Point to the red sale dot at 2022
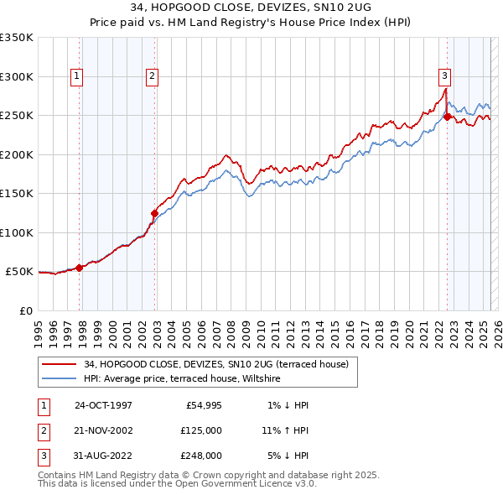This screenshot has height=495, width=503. click(x=448, y=117)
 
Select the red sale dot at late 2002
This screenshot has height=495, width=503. click(x=154, y=213)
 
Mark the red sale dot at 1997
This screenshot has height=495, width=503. click(x=80, y=268)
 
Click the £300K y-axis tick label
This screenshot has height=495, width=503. click(x=17, y=76)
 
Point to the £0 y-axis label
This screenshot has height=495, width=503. click(x=26, y=310)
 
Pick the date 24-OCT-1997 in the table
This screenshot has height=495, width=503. click(x=103, y=404)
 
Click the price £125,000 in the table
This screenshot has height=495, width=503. click(x=202, y=430)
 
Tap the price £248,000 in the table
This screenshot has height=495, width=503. click(x=202, y=456)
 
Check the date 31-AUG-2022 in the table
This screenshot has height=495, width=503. click(x=103, y=456)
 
